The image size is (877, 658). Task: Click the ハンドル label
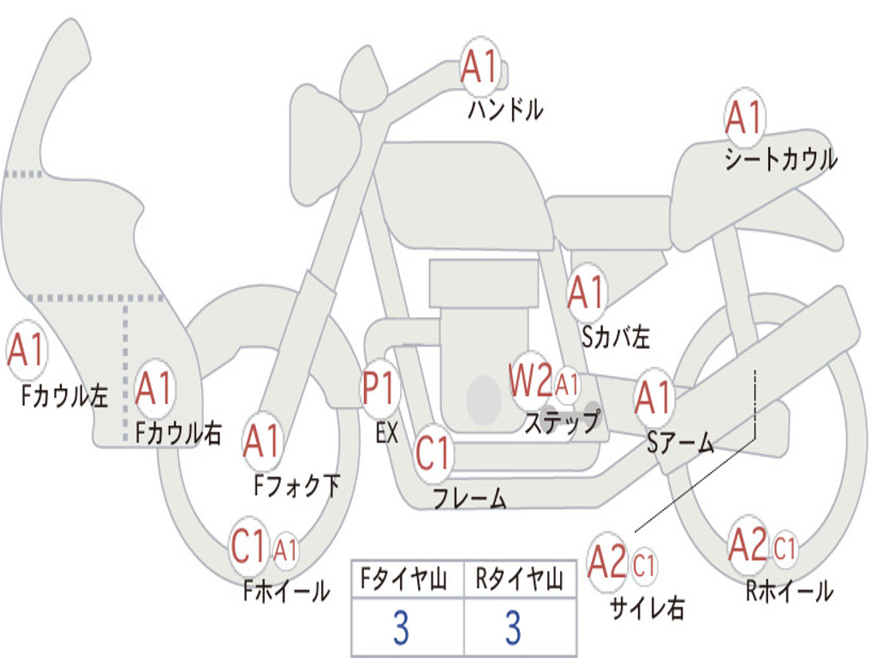(x=505, y=110)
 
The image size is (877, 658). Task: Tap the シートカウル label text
(x=780, y=159)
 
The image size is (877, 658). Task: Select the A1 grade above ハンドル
(x=479, y=68)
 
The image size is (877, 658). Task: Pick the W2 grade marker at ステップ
(x=530, y=381)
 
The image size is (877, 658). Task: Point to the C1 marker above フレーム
(x=433, y=452)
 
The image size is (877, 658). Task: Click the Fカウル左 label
(x=65, y=396)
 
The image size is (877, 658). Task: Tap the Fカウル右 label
(x=178, y=434)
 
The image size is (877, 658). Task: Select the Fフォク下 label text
(x=296, y=486)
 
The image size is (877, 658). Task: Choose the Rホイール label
(x=789, y=591)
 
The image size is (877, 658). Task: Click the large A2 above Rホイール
(x=747, y=546)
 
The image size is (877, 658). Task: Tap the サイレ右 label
(x=647, y=608)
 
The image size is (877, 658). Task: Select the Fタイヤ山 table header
(x=406, y=580)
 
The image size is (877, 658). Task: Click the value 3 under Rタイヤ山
(x=513, y=628)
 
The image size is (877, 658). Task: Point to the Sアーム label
(x=680, y=442)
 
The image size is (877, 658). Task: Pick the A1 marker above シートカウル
(x=743, y=118)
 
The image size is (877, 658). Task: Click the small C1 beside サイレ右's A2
(x=645, y=565)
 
